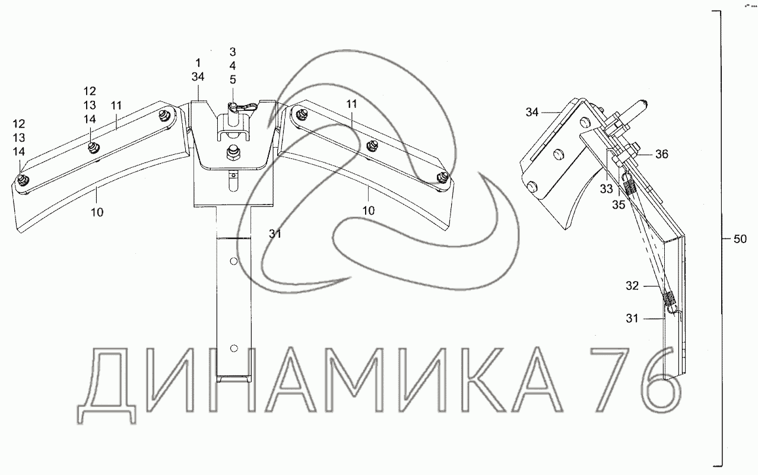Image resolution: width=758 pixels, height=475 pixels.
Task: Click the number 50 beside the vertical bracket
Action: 740,239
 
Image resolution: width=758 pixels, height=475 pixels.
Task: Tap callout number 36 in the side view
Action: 662,154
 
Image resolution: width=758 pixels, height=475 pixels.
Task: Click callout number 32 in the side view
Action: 632,286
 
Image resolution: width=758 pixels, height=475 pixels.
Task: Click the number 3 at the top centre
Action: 233,51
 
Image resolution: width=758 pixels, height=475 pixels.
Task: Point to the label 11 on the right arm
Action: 351,104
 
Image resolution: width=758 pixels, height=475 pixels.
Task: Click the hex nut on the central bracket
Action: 232,154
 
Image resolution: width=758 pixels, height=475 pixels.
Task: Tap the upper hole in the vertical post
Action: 233,262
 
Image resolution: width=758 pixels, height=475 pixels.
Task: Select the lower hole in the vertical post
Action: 233,348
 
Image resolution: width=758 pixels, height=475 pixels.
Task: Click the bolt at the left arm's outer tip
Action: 22,180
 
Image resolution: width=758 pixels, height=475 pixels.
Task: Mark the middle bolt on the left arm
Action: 92,146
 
